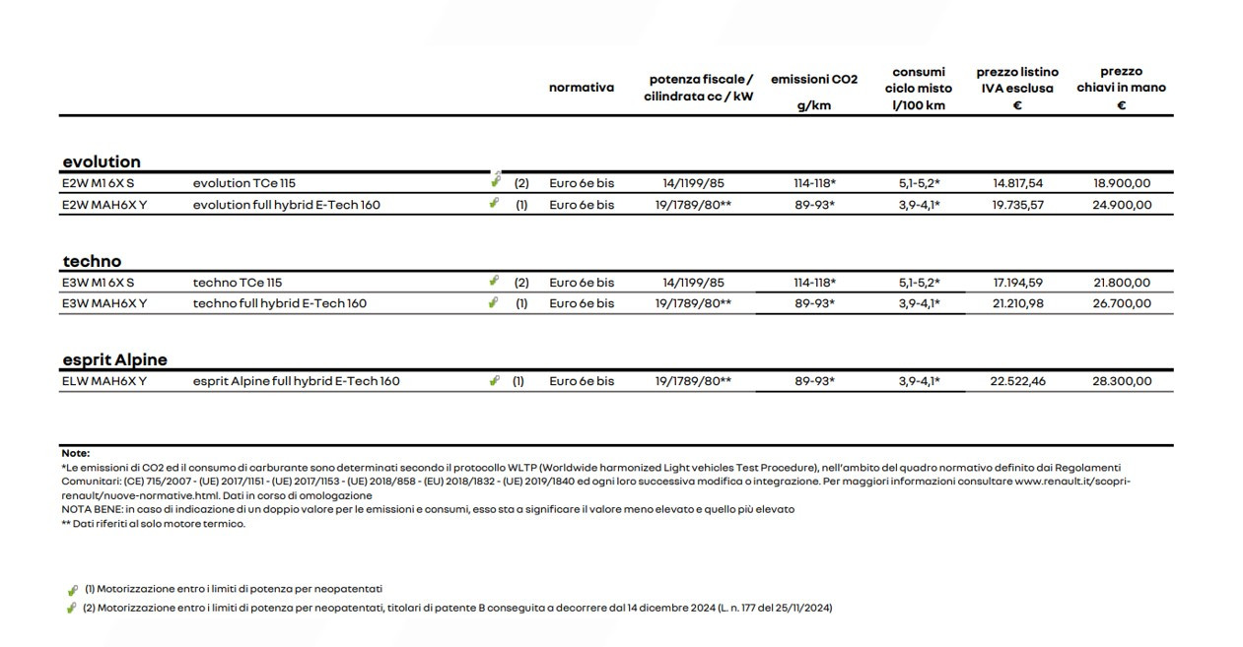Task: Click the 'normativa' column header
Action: [581, 88]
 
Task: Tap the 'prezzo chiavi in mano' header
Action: [1121, 88]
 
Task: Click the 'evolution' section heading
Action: [102, 162]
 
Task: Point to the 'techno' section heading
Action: [92, 261]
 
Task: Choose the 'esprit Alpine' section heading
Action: [114, 359]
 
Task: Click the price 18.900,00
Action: [1122, 183]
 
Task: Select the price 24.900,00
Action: [1122, 205]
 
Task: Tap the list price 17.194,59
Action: [1017, 283]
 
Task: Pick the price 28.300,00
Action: [1122, 381]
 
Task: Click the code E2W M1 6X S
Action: [98, 183]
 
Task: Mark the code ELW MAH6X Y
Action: [104, 381]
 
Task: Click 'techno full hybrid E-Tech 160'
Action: [279, 303]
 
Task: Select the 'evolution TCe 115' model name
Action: [243, 183]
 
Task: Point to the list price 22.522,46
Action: [1017, 381]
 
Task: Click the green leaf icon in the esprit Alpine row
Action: [494, 381]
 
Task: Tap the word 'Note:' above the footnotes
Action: [75, 453]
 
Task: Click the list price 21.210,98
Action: [1017, 303]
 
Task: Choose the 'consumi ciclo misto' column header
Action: [918, 88]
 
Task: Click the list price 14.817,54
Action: [1017, 183]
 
